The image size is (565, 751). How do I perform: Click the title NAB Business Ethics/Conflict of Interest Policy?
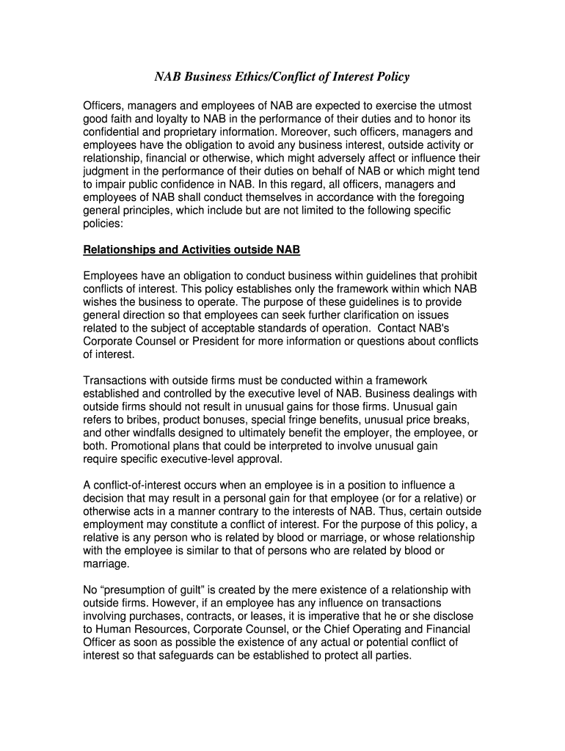[282, 77]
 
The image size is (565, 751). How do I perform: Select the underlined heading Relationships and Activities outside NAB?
[192, 250]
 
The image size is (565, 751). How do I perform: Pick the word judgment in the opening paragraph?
[108, 172]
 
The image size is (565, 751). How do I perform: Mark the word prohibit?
[456, 276]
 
